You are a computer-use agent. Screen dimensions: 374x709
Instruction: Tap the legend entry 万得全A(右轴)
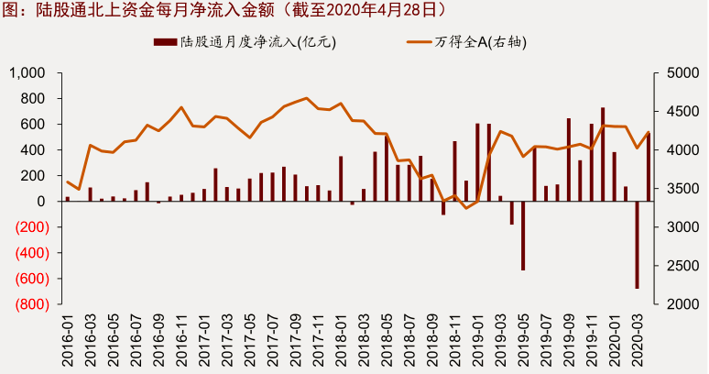point(481,42)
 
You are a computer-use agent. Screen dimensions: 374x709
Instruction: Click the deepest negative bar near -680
point(637,245)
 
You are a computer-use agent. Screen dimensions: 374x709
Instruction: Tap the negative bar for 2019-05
point(523,236)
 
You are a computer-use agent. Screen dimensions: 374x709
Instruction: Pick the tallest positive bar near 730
point(603,154)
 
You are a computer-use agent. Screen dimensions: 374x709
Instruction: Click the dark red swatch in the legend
point(164,42)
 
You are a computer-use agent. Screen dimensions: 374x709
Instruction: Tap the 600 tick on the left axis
point(34,125)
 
